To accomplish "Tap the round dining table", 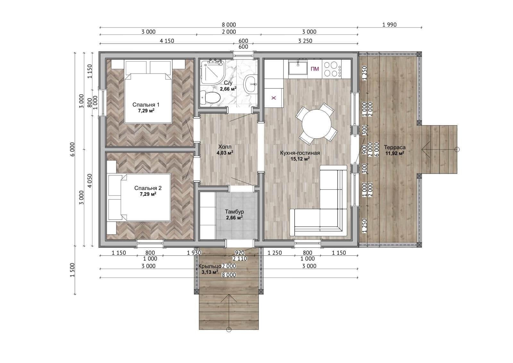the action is coord(316,124).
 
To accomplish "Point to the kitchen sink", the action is coord(298,67).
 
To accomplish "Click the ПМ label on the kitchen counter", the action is coord(315,69).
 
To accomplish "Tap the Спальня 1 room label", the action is coord(146,105).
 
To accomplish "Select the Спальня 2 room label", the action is coord(148,188).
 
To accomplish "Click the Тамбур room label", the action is coord(234,212).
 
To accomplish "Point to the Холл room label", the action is coord(225,147).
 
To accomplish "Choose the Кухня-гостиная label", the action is coord(300,153).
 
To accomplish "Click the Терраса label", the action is coord(395,147).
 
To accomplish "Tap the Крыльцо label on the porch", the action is coord(210,266).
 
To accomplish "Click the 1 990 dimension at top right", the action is coord(389,24).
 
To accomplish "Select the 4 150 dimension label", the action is coord(167,41).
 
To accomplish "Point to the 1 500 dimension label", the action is coord(72,270).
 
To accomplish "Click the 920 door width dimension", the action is coord(240,253).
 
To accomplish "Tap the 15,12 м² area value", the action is coord(300,159).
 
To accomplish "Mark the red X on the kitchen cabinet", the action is coord(273,98).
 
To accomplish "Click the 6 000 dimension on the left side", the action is coord(72,149).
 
